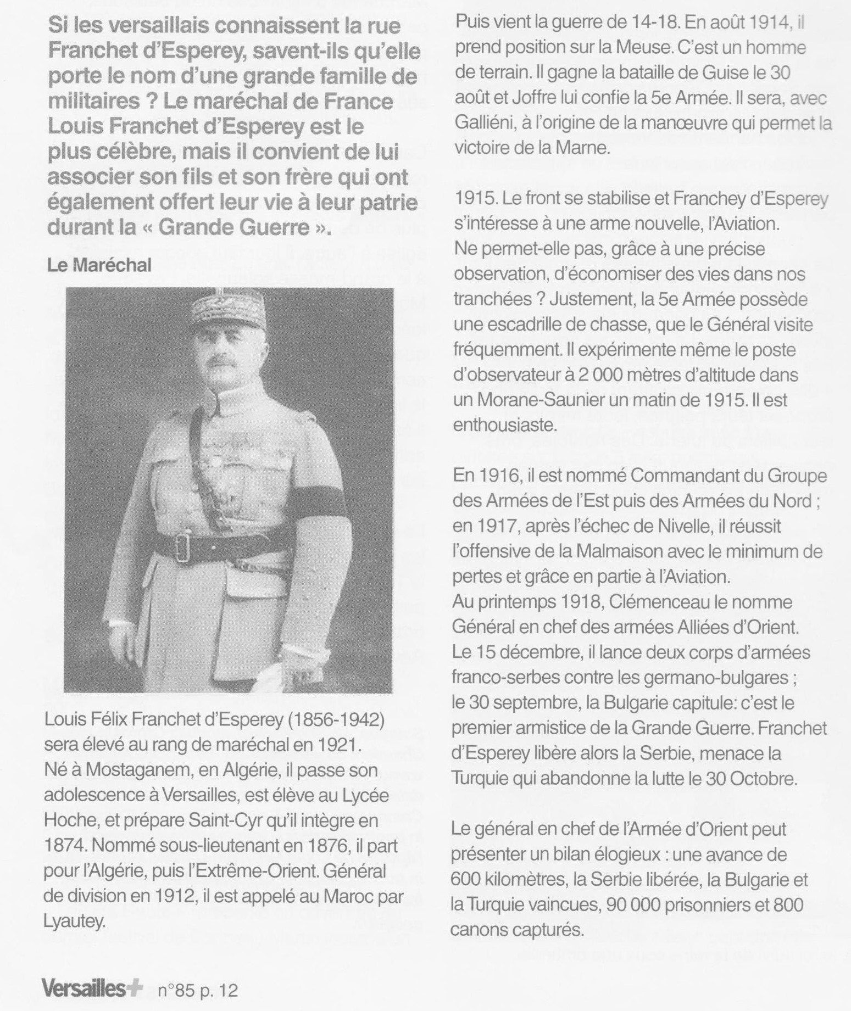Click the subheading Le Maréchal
[x=99, y=266]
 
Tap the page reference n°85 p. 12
[x=198, y=990]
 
